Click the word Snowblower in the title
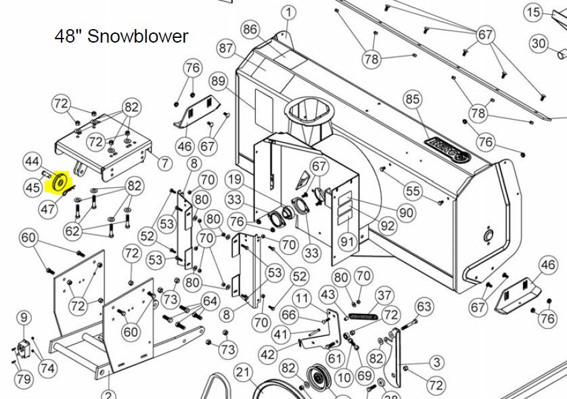click(x=138, y=36)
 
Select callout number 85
click(x=413, y=99)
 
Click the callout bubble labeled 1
click(x=288, y=13)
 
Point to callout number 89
click(x=219, y=81)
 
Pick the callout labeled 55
click(x=413, y=191)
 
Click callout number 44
click(x=32, y=161)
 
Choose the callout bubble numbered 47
click(x=48, y=209)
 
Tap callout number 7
click(x=165, y=164)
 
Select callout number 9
click(x=24, y=318)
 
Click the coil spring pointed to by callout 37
click(x=363, y=317)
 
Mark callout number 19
click(x=235, y=179)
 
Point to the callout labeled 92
click(x=388, y=225)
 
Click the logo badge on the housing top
click(x=448, y=149)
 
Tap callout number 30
click(x=539, y=43)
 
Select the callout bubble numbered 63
click(x=424, y=306)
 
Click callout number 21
click(x=243, y=372)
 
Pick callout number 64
click(x=210, y=301)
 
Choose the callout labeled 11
click(x=302, y=298)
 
